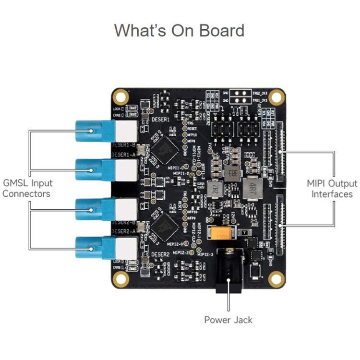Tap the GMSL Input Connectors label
(x=27, y=188)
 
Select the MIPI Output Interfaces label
(x=332, y=189)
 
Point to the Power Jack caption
(x=228, y=320)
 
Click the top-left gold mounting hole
(x=120, y=96)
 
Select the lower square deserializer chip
(x=166, y=225)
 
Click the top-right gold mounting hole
(x=276, y=97)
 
